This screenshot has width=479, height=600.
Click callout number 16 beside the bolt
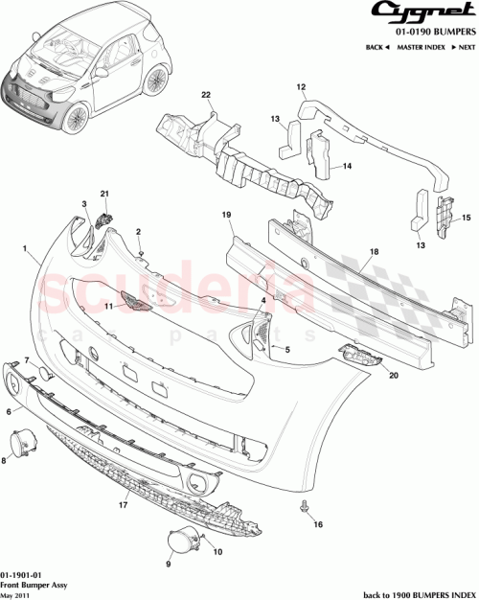coord(319,525)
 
